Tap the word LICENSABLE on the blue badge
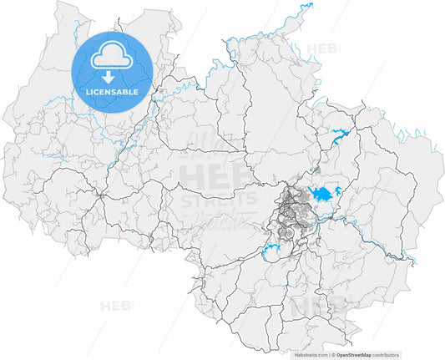112,90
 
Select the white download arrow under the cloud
112,78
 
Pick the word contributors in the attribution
407,354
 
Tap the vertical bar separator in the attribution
329,354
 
